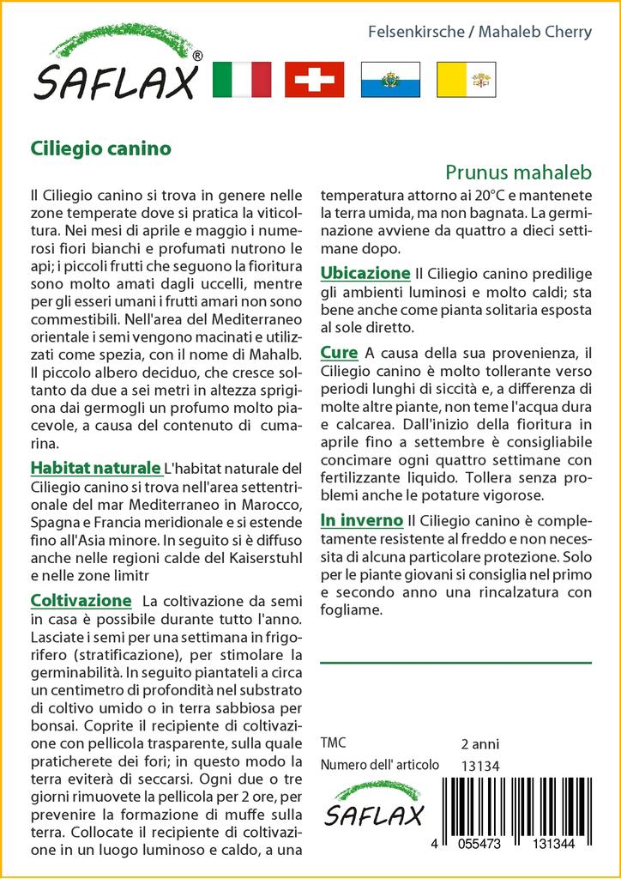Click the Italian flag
[x=240, y=80]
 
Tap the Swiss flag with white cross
[x=314, y=80]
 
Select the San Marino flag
[x=390, y=80]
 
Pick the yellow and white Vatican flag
[x=466, y=80]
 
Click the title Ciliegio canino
[x=100, y=148]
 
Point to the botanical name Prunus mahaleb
[x=519, y=172]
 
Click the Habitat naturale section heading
[x=95, y=468]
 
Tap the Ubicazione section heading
[x=365, y=273]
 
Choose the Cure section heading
[x=339, y=352]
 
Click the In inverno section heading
[x=361, y=520]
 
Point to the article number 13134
[x=479, y=766]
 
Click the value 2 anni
[x=479, y=743]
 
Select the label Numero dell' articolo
[x=379, y=765]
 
